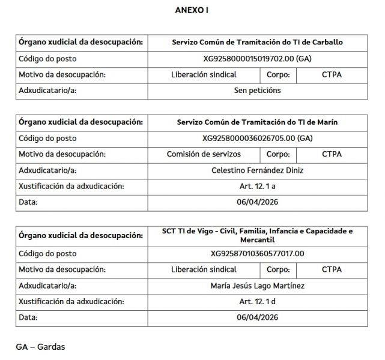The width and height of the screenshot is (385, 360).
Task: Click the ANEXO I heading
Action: click(x=192, y=10)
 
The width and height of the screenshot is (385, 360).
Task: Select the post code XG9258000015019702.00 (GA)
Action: click(x=257, y=59)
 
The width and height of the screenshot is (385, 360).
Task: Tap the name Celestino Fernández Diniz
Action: click(x=258, y=170)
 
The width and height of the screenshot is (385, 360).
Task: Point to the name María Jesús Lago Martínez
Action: click(x=258, y=286)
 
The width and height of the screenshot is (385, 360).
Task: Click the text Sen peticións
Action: click(x=257, y=91)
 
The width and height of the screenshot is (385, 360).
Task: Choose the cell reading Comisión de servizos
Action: click(x=204, y=154)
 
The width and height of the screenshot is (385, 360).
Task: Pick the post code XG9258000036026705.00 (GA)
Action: click(x=257, y=138)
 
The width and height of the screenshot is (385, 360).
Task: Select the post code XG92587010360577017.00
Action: click(x=257, y=253)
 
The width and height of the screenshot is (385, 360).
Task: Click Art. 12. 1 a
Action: click(x=257, y=186)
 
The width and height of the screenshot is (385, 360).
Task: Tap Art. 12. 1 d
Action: click(x=257, y=301)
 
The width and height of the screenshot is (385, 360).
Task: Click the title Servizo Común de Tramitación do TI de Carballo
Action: click(x=257, y=43)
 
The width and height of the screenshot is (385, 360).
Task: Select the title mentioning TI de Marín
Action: click(x=257, y=122)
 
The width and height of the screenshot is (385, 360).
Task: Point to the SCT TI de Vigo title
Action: click(x=257, y=235)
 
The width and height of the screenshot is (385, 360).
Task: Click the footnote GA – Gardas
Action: click(x=40, y=347)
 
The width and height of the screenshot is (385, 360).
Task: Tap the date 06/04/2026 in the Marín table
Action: click(x=257, y=202)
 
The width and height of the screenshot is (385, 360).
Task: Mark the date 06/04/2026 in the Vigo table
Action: click(x=257, y=317)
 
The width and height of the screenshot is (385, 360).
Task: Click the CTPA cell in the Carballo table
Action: click(x=332, y=75)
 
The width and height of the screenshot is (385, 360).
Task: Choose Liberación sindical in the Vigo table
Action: click(x=204, y=269)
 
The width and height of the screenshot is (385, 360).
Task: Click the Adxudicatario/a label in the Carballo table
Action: click(x=49, y=91)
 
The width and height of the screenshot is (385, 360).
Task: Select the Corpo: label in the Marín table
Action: click(x=279, y=154)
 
